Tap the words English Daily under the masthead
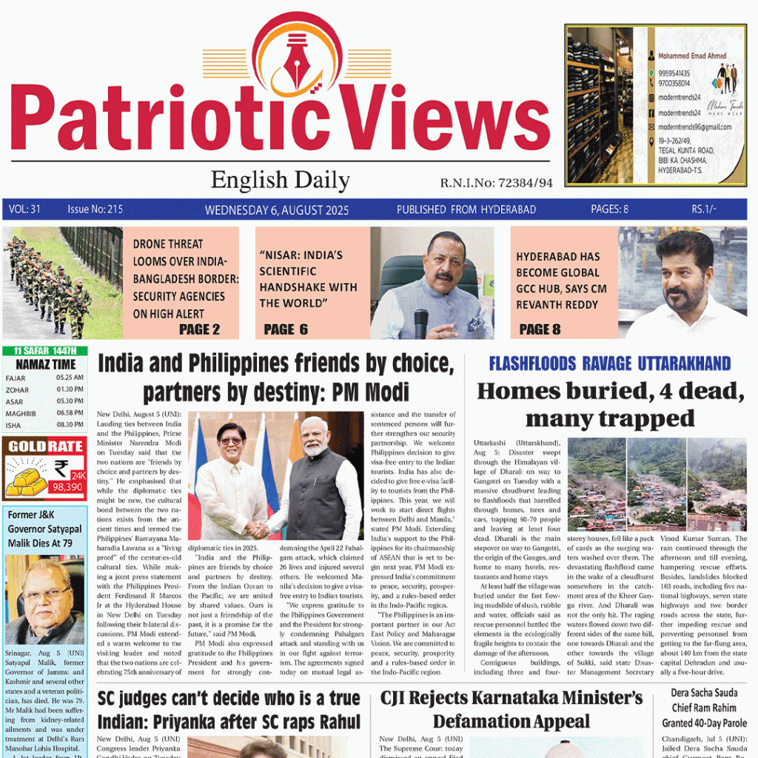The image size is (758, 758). coord(280,180)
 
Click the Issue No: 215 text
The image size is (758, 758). coord(95,209)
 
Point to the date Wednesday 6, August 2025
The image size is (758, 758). coord(277,210)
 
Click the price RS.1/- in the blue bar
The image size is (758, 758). coord(704,209)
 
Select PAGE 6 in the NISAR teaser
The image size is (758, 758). coord(286,329)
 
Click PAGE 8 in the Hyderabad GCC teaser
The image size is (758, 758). coord(540,329)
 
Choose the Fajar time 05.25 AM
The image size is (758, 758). coord(70,378)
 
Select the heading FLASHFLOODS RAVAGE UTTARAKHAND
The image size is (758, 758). coord(609,363)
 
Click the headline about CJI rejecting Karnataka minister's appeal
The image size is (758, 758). coord(512,709)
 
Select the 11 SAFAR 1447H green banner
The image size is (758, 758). coord(44,351)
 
